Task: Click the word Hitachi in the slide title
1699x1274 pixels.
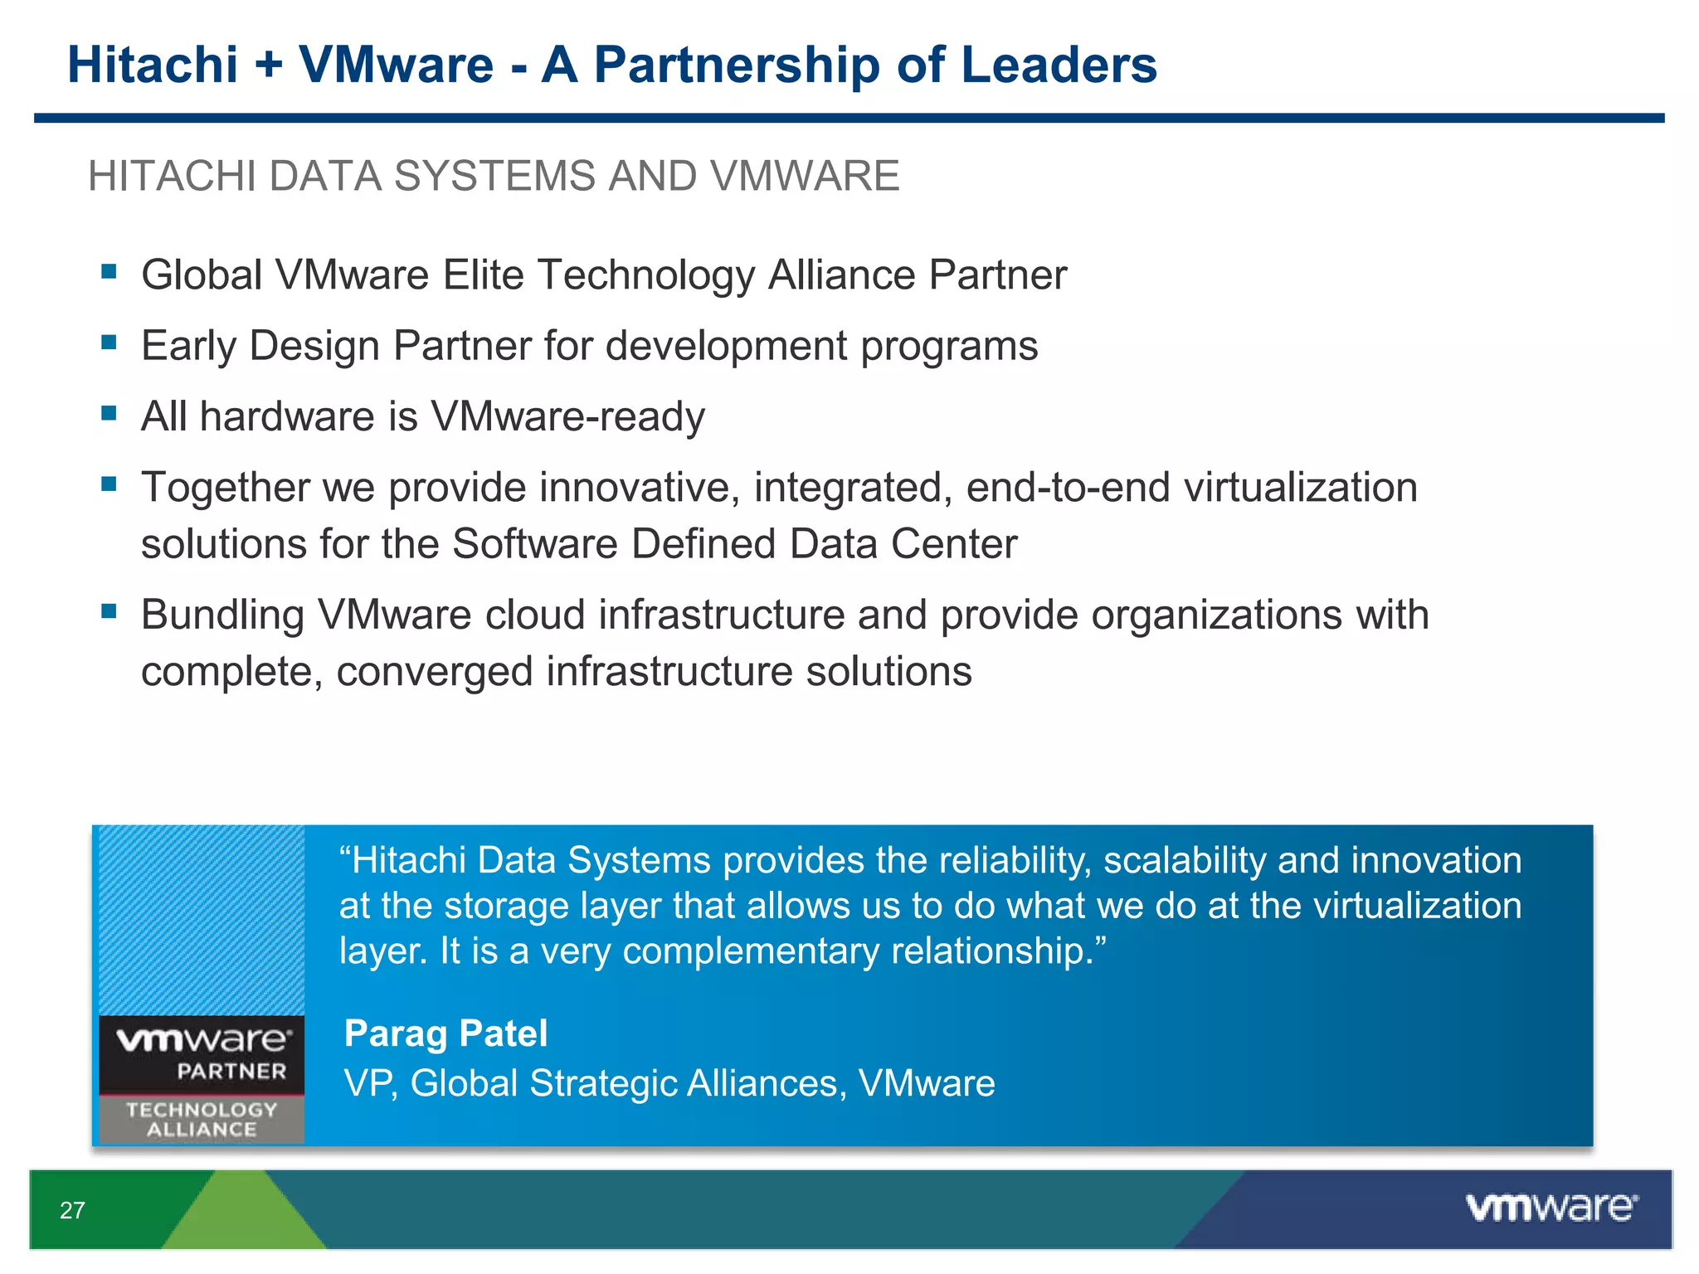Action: pyautogui.click(x=153, y=65)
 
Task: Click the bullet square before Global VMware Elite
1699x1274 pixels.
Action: pyautogui.click(x=109, y=271)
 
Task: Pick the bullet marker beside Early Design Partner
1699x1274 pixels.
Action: pyautogui.click(x=109, y=342)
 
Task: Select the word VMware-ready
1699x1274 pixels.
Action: pyautogui.click(x=567, y=416)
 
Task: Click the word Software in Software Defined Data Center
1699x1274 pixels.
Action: pyautogui.click(x=535, y=544)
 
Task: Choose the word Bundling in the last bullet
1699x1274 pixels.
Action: pyautogui.click(x=222, y=615)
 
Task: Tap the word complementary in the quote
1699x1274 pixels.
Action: pyautogui.click(x=750, y=951)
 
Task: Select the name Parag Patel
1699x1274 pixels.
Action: pyautogui.click(x=445, y=1033)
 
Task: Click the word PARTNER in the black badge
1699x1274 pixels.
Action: pyautogui.click(x=231, y=1072)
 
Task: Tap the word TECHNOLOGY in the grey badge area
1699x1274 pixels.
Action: pyautogui.click(x=202, y=1110)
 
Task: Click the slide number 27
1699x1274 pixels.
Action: pyautogui.click(x=72, y=1210)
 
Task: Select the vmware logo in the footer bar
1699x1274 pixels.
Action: pyautogui.click(x=1551, y=1208)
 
